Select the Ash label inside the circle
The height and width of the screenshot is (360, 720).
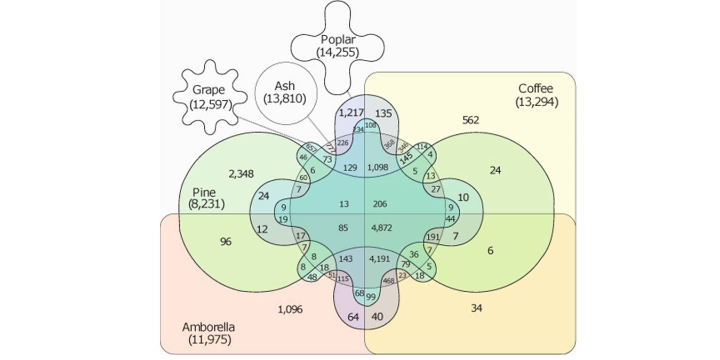pos(286,86)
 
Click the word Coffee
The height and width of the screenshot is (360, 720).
pos(536,89)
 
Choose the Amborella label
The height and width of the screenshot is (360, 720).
pos(208,326)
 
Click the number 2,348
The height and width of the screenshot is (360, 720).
pos(241,173)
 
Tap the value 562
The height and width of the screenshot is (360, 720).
pos(470,120)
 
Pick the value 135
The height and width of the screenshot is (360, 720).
pos(383,113)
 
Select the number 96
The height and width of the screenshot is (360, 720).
pos(226,242)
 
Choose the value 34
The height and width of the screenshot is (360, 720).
pos(477,308)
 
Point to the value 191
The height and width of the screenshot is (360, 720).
pos(433,237)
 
